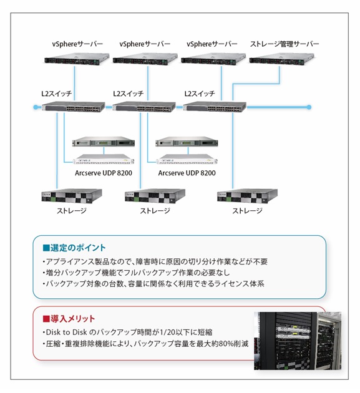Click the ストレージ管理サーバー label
[x=285, y=44]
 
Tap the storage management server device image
[x=281, y=59]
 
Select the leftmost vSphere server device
[x=77, y=59]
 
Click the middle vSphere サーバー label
[x=145, y=44]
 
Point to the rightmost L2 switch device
[x=215, y=107]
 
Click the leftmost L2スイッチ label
[x=57, y=94]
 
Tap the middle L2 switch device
[x=144, y=107]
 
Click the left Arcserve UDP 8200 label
[x=104, y=173]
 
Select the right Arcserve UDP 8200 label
[x=187, y=173]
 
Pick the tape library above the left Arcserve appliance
[x=104, y=142]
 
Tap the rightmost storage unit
[x=248, y=196]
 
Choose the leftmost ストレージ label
[x=72, y=211]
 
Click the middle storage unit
[x=155, y=196]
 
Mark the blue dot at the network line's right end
[x=309, y=107]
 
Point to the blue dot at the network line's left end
[x=36, y=107]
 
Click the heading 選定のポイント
[x=74, y=248]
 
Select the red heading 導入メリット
[x=69, y=319]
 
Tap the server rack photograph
[x=298, y=341]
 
